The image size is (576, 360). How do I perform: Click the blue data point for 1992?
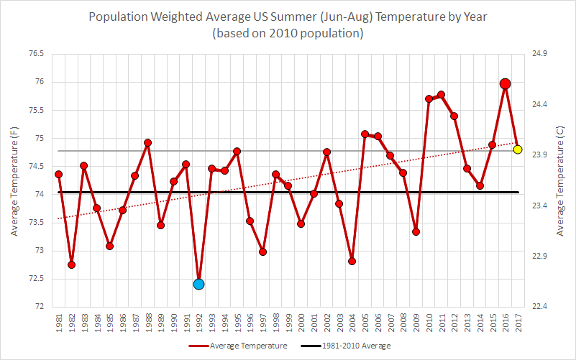click(x=198, y=284)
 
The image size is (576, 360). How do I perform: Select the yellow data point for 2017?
click(x=518, y=149)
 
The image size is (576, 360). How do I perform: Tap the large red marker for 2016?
click(x=505, y=84)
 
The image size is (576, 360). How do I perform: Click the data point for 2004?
click(x=352, y=261)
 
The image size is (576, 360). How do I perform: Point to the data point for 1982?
click(x=71, y=264)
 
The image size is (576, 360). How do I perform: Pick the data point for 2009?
click(x=416, y=231)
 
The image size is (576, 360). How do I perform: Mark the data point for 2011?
click(x=441, y=95)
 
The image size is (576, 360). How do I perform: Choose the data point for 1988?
click(x=147, y=142)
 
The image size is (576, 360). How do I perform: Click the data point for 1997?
click(x=262, y=252)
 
